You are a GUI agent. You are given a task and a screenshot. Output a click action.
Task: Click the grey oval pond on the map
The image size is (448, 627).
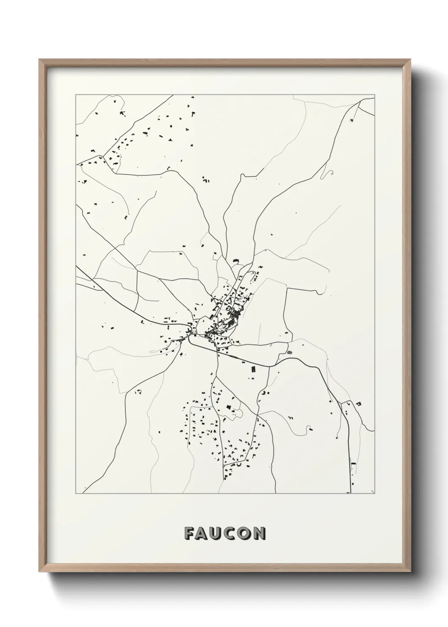click(x=290, y=352)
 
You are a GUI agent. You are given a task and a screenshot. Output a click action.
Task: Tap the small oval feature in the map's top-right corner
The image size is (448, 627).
click(x=351, y=121)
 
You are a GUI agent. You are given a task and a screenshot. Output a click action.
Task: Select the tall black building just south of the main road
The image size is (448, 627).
click(x=254, y=369)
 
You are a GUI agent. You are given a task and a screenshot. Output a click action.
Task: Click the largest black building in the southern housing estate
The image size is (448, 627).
click(x=229, y=407)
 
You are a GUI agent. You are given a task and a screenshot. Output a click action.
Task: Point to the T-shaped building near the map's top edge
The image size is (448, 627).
click(x=194, y=113)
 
